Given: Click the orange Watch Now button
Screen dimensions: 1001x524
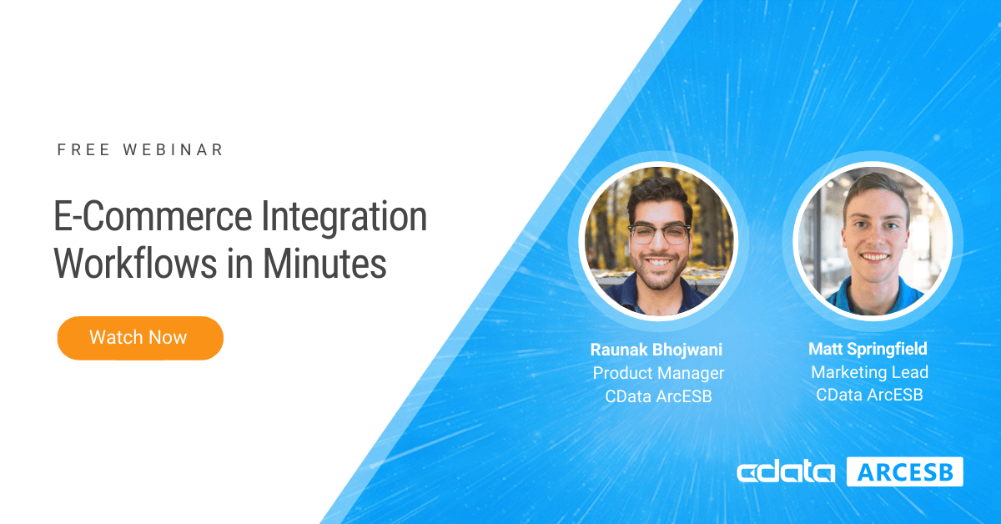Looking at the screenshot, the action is (x=140, y=338).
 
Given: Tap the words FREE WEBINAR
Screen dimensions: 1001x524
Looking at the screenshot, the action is (x=140, y=150).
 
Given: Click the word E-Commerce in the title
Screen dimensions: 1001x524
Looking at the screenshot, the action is (x=153, y=217).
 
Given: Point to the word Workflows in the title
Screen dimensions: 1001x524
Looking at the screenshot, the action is (x=135, y=264).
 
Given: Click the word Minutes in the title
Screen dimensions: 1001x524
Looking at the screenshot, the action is (x=324, y=264).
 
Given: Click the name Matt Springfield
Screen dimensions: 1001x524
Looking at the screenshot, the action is (x=868, y=349).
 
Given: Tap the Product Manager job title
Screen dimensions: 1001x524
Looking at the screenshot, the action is (x=658, y=373).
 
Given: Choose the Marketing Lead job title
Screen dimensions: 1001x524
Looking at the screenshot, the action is (x=869, y=372).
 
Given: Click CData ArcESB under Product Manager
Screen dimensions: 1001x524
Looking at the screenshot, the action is (x=658, y=396).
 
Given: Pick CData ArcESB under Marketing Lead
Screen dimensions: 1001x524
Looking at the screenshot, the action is (x=869, y=395).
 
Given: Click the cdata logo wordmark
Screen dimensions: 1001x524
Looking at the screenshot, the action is (x=786, y=472).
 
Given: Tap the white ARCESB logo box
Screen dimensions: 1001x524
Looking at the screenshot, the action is (x=905, y=471).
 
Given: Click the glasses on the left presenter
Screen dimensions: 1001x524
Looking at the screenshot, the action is (x=660, y=234).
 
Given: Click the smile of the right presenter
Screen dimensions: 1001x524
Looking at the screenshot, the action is (x=874, y=257).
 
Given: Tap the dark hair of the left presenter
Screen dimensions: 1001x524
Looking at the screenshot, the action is (x=660, y=193).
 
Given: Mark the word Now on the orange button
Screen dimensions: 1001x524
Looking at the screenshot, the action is (x=168, y=338).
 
